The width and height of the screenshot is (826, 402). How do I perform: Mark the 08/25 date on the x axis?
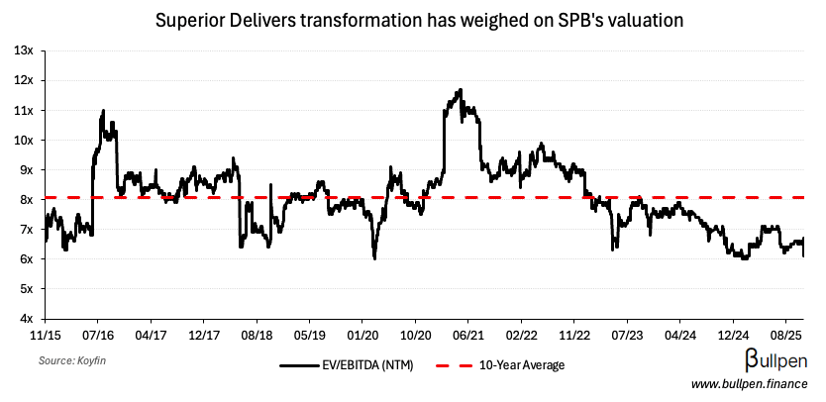pyautogui.click(x=785, y=335)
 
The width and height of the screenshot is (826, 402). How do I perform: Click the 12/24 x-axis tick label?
pyautogui.click(x=733, y=335)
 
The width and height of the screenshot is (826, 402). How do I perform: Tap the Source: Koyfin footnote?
pyautogui.click(x=73, y=362)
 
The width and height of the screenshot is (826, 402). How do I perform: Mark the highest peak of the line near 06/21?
pyautogui.click(x=461, y=90)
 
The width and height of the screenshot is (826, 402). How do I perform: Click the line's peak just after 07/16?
pyautogui.click(x=103, y=110)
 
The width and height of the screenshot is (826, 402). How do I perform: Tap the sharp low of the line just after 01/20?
pyautogui.click(x=374, y=258)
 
